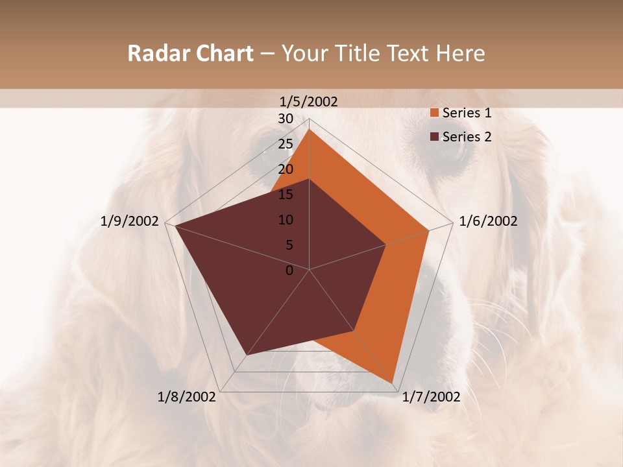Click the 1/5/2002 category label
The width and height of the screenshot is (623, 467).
coord(309,101)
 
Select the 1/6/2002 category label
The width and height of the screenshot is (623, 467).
coord(488,221)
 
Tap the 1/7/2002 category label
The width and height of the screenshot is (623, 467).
coord(431,397)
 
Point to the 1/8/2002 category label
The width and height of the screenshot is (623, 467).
coord(187,397)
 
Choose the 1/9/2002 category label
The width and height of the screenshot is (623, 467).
coord(130,221)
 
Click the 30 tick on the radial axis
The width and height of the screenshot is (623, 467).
coord(286,119)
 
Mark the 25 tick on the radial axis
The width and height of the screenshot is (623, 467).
coord(286,144)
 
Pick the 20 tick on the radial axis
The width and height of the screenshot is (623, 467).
coord(286,169)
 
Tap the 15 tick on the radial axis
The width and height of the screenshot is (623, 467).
coord(286,195)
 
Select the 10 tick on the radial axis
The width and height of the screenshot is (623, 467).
coord(286,220)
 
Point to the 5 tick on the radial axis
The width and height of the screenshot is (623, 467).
coord(289,245)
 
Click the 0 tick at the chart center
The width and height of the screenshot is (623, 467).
coord(289,270)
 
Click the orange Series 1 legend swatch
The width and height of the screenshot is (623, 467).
coord(435,113)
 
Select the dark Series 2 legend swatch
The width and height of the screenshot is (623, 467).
coord(435,136)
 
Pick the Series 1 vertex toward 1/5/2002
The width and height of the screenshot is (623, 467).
coord(310,130)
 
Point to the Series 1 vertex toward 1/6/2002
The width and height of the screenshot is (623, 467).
coord(429,230)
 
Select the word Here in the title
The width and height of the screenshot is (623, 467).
coord(462,53)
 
